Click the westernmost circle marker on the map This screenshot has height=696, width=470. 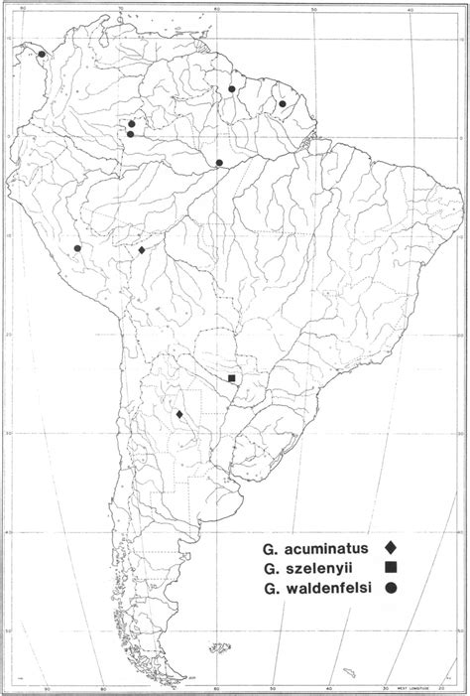(x=42, y=55)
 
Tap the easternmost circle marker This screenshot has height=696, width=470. (x=282, y=103)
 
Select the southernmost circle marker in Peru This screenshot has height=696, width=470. (x=77, y=248)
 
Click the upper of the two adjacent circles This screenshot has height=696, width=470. (x=131, y=124)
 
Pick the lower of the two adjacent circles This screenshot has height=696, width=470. (x=131, y=133)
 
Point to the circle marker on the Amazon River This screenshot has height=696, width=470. (x=219, y=163)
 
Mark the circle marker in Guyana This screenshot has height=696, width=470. (x=231, y=88)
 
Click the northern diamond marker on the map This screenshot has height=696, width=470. (x=142, y=250)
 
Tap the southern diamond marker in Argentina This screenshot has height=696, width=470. (x=179, y=414)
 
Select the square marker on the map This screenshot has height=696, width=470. (x=232, y=378)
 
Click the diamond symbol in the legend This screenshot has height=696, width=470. (x=392, y=546)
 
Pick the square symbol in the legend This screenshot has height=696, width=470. (x=392, y=567)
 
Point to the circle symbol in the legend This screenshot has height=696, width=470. (x=392, y=588)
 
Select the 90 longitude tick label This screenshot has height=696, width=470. (x=46, y=688)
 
